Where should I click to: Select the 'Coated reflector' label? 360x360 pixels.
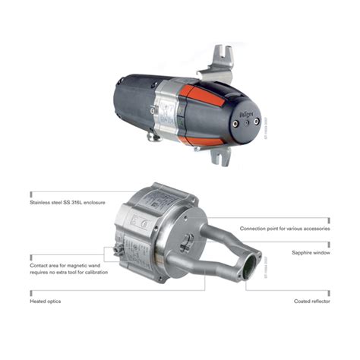tap(311, 302)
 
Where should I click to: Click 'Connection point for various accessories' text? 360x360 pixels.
tap(285, 228)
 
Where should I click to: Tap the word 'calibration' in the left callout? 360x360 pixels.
tap(92, 272)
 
